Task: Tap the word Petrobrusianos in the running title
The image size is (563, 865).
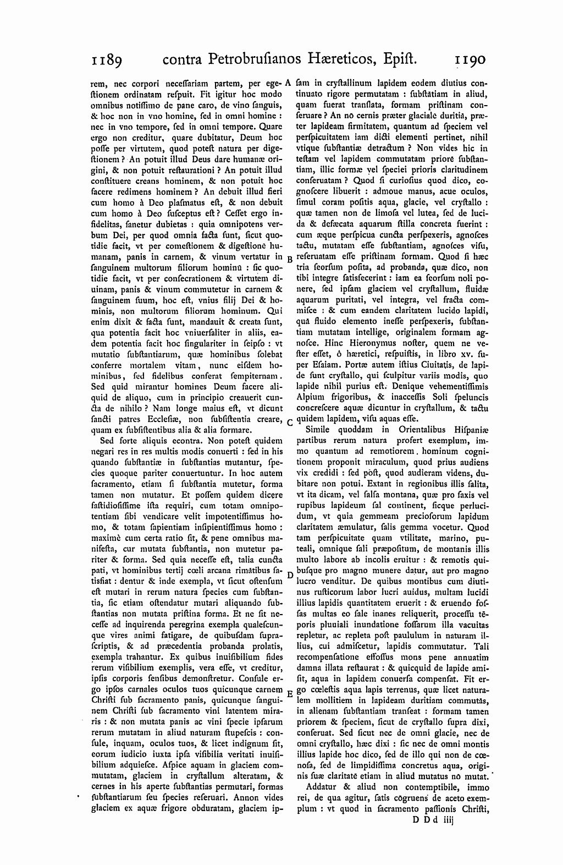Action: point(253,59)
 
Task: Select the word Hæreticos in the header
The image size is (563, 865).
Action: point(341,59)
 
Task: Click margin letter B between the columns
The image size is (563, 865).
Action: point(290,259)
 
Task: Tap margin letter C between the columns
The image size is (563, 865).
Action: point(290,423)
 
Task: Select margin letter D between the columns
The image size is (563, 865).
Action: point(290,576)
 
